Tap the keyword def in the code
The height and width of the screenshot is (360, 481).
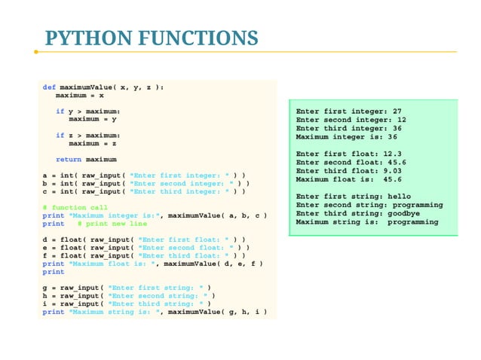point(49,87)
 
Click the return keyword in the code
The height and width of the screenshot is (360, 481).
point(69,160)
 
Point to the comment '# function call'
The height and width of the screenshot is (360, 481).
point(75,207)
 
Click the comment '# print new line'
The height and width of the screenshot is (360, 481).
point(112,224)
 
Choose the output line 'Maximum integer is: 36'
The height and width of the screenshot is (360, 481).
point(347,137)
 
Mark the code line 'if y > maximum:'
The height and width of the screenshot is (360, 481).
point(87,111)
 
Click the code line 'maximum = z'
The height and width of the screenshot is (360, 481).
point(92,143)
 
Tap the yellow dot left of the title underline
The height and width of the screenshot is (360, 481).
point(35,52)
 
